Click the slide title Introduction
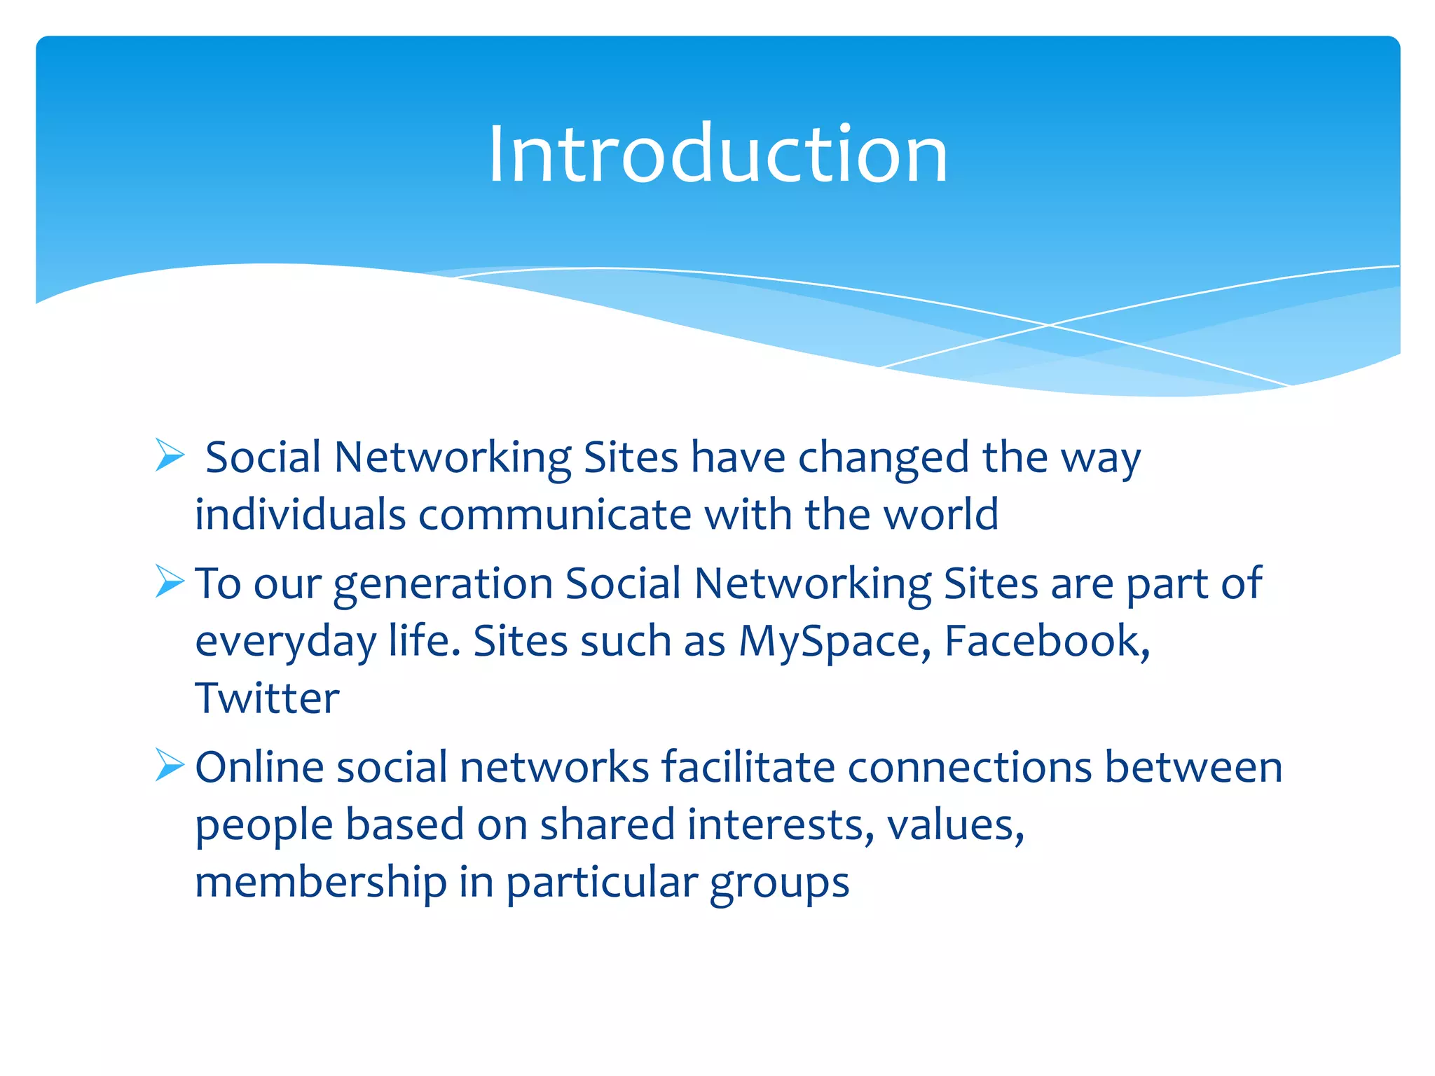[x=717, y=154]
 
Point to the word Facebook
[x=1045, y=641]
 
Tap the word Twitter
[x=267, y=698]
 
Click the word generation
[x=443, y=585]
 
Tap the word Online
[x=259, y=767]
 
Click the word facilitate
[x=748, y=767]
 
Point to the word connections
[x=970, y=767]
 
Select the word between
[x=1193, y=767]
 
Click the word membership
[x=320, y=882]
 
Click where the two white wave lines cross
[x=1049, y=325]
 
